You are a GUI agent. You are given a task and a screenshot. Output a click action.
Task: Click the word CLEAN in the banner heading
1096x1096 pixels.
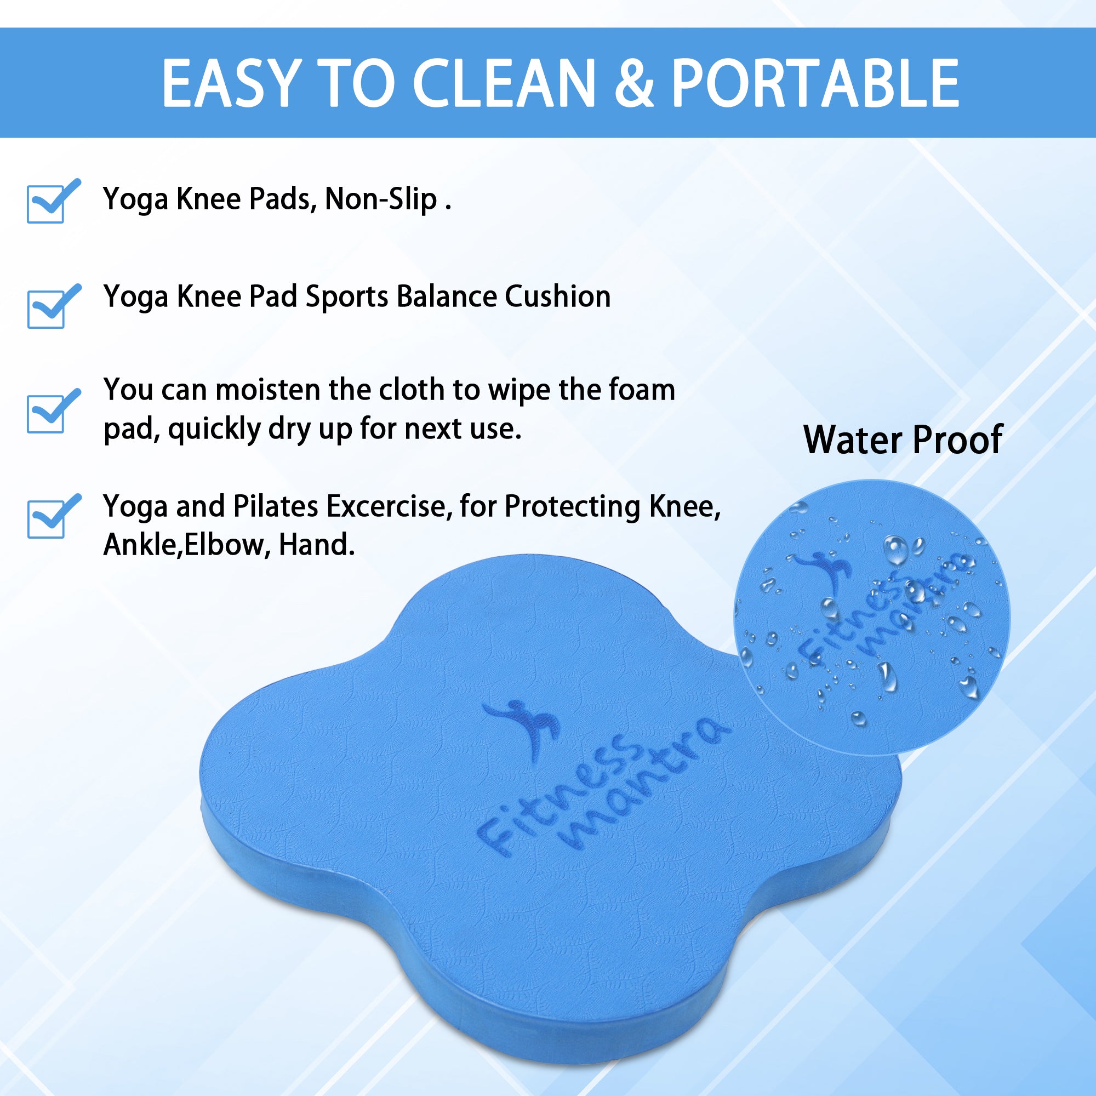(x=504, y=83)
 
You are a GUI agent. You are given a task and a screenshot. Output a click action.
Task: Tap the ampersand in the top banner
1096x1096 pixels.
(x=634, y=83)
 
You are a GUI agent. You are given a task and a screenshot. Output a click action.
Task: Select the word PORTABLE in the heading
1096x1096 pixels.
(x=815, y=83)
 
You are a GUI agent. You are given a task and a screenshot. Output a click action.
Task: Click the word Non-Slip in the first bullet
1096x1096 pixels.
(x=381, y=199)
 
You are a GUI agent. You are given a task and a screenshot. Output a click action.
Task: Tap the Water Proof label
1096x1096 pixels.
(x=903, y=439)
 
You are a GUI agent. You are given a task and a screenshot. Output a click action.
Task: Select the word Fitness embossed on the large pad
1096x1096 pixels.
(x=559, y=794)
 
